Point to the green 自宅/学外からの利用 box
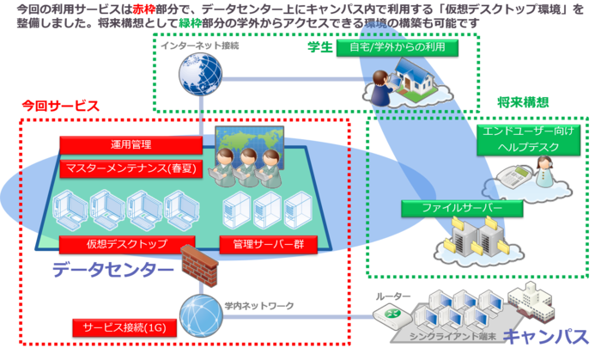point(398,47)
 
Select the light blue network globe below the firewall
point(201,314)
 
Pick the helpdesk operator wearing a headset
point(543,173)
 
